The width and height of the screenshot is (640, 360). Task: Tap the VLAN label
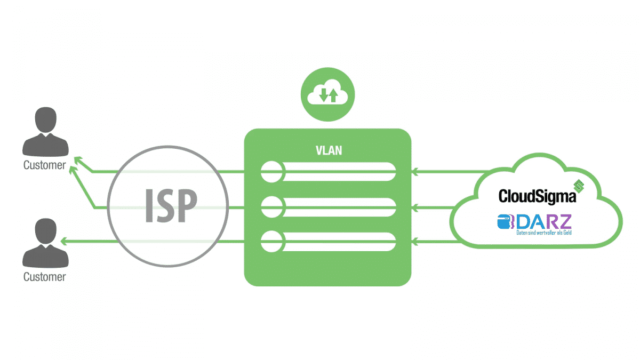[329, 151]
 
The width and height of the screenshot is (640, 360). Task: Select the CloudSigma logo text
[537, 196]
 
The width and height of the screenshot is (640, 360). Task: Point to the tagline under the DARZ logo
[543, 233]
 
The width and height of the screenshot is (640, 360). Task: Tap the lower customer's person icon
[45, 245]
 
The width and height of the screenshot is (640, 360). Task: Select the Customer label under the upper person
[45, 165]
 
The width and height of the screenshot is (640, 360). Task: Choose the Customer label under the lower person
[45, 277]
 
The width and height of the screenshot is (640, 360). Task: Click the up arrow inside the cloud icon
[333, 95]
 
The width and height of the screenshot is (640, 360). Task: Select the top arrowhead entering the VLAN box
[415, 172]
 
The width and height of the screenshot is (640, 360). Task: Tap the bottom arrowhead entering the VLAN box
[415, 241]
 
